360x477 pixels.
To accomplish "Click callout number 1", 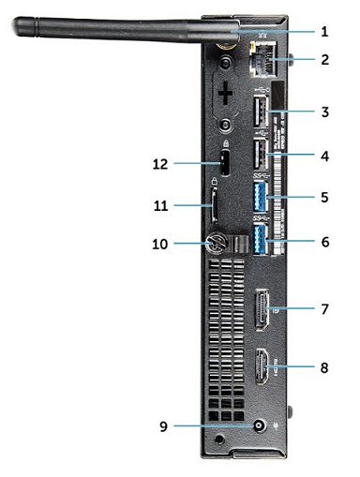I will tap(324, 31).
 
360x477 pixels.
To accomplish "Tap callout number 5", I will tap(324, 198).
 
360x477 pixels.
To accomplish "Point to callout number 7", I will tap(324, 306).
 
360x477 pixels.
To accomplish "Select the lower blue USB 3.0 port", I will tap(261, 242).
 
